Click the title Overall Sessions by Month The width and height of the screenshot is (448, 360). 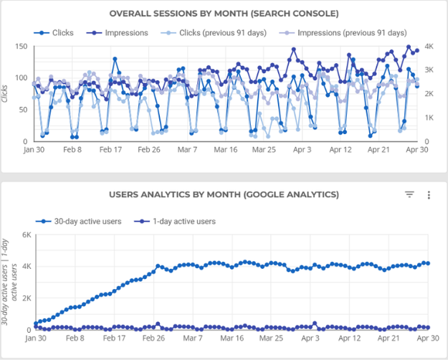click(x=224, y=13)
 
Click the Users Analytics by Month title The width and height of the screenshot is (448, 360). click(x=224, y=194)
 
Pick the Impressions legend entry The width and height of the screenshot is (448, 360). click(x=119, y=32)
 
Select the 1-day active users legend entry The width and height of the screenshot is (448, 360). click(x=177, y=221)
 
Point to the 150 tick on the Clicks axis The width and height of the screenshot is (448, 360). click(x=21, y=46)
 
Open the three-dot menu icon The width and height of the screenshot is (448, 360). click(x=429, y=194)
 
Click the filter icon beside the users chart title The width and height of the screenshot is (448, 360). click(x=409, y=194)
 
